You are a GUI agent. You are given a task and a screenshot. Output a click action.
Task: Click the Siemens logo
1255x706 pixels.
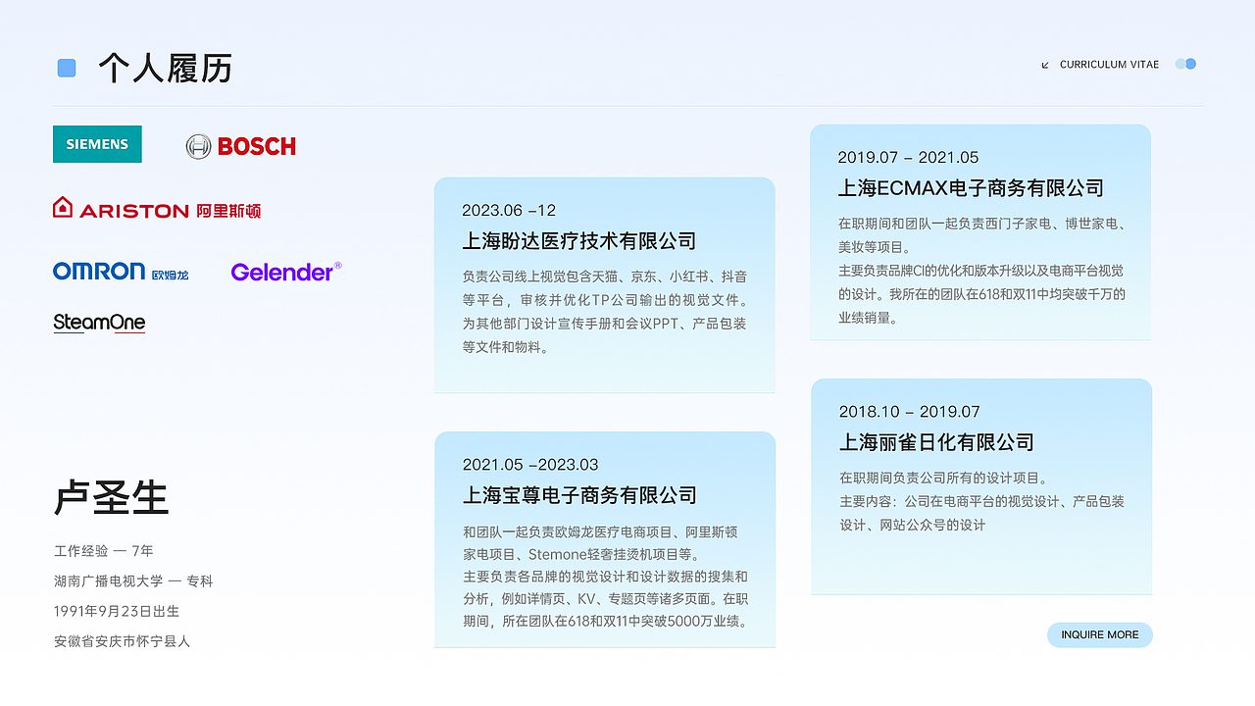pyautogui.click(x=97, y=144)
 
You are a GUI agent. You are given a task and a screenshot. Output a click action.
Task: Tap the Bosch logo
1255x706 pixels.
pyautogui.click(x=241, y=146)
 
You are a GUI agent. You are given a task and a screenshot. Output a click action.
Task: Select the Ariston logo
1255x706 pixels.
pyautogui.click(x=157, y=208)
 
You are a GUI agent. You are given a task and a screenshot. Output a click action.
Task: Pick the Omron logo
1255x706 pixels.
pyautogui.click(x=121, y=272)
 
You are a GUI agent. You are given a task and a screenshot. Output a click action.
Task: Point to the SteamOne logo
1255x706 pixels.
pyautogui.click(x=99, y=323)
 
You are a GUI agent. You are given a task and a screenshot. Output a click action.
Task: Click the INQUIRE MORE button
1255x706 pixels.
pyautogui.click(x=1099, y=634)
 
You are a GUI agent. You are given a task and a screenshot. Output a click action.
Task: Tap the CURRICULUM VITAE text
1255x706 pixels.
pyautogui.click(x=1109, y=65)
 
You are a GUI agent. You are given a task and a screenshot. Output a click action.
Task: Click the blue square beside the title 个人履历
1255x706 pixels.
pyautogui.click(x=67, y=68)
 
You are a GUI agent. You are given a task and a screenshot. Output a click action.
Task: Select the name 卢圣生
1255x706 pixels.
pyautogui.click(x=111, y=498)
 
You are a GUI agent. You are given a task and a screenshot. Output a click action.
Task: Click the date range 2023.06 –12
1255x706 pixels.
pyautogui.click(x=509, y=210)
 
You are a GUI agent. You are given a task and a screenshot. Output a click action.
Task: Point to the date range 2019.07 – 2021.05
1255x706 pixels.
pyautogui.click(x=908, y=157)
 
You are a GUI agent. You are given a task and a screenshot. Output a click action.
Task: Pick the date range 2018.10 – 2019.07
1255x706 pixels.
pyautogui.click(x=909, y=412)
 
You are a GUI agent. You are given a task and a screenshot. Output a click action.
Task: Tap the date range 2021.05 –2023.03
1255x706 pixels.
pyautogui.click(x=530, y=465)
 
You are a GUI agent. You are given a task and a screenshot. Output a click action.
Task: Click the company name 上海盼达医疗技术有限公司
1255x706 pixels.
pyautogui.click(x=578, y=241)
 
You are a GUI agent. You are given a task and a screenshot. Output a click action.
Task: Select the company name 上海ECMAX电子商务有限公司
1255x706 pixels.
pyautogui.click(x=971, y=188)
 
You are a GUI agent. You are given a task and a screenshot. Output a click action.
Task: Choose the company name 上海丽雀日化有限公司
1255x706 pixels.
pyautogui.click(x=936, y=442)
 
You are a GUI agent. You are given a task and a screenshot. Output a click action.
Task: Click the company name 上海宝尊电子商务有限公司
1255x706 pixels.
pyautogui.click(x=579, y=495)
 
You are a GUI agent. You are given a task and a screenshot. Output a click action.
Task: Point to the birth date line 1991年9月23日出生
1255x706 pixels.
pyautogui.click(x=117, y=611)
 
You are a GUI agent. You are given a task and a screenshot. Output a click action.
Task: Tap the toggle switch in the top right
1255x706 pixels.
pyautogui.click(x=1185, y=64)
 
